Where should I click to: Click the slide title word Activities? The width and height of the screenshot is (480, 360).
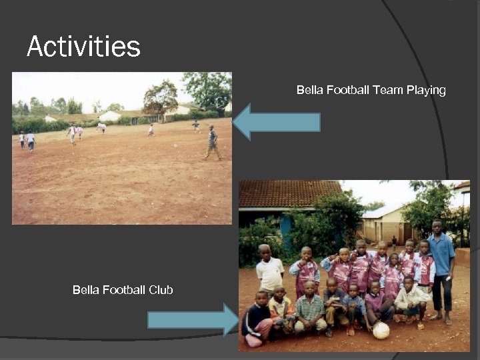pos(83,47)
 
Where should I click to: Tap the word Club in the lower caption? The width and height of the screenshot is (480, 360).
pos(161,289)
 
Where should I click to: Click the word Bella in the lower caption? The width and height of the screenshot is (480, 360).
pos(86,289)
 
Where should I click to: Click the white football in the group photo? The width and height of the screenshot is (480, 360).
pos(381,330)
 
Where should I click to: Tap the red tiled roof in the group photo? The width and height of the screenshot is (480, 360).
pos(289,193)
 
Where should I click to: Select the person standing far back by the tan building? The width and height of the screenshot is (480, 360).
pos(394,241)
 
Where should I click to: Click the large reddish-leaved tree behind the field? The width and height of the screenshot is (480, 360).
pos(161,97)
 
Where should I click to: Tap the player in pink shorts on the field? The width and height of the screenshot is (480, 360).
pos(101,127)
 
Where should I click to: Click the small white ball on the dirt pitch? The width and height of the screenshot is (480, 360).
pos(175,145)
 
